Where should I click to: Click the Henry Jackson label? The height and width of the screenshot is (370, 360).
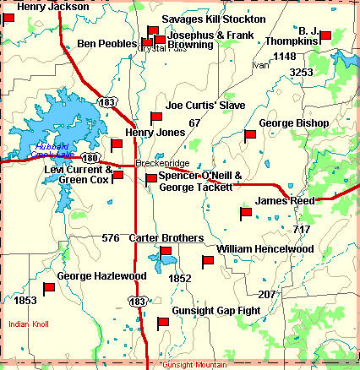[x=52, y=7]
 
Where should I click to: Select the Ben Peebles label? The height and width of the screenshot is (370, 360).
[x=107, y=43]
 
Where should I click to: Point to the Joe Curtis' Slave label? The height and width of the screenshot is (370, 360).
[x=205, y=106]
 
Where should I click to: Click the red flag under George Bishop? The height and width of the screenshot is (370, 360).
[x=249, y=135]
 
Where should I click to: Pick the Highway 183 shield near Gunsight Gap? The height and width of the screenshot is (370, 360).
[x=136, y=300]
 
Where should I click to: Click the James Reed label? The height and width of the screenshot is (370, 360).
[x=285, y=200]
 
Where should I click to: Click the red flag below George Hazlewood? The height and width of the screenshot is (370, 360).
[x=49, y=289]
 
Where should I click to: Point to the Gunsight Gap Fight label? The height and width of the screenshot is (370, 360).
[x=215, y=311]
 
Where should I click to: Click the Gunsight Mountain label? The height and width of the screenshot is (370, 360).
[x=193, y=365]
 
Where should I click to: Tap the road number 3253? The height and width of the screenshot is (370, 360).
[x=302, y=73]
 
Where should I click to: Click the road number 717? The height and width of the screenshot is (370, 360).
[x=302, y=230]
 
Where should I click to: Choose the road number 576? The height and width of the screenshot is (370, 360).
[x=111, y=238]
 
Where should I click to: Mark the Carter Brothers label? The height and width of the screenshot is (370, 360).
[x=166, y=238]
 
